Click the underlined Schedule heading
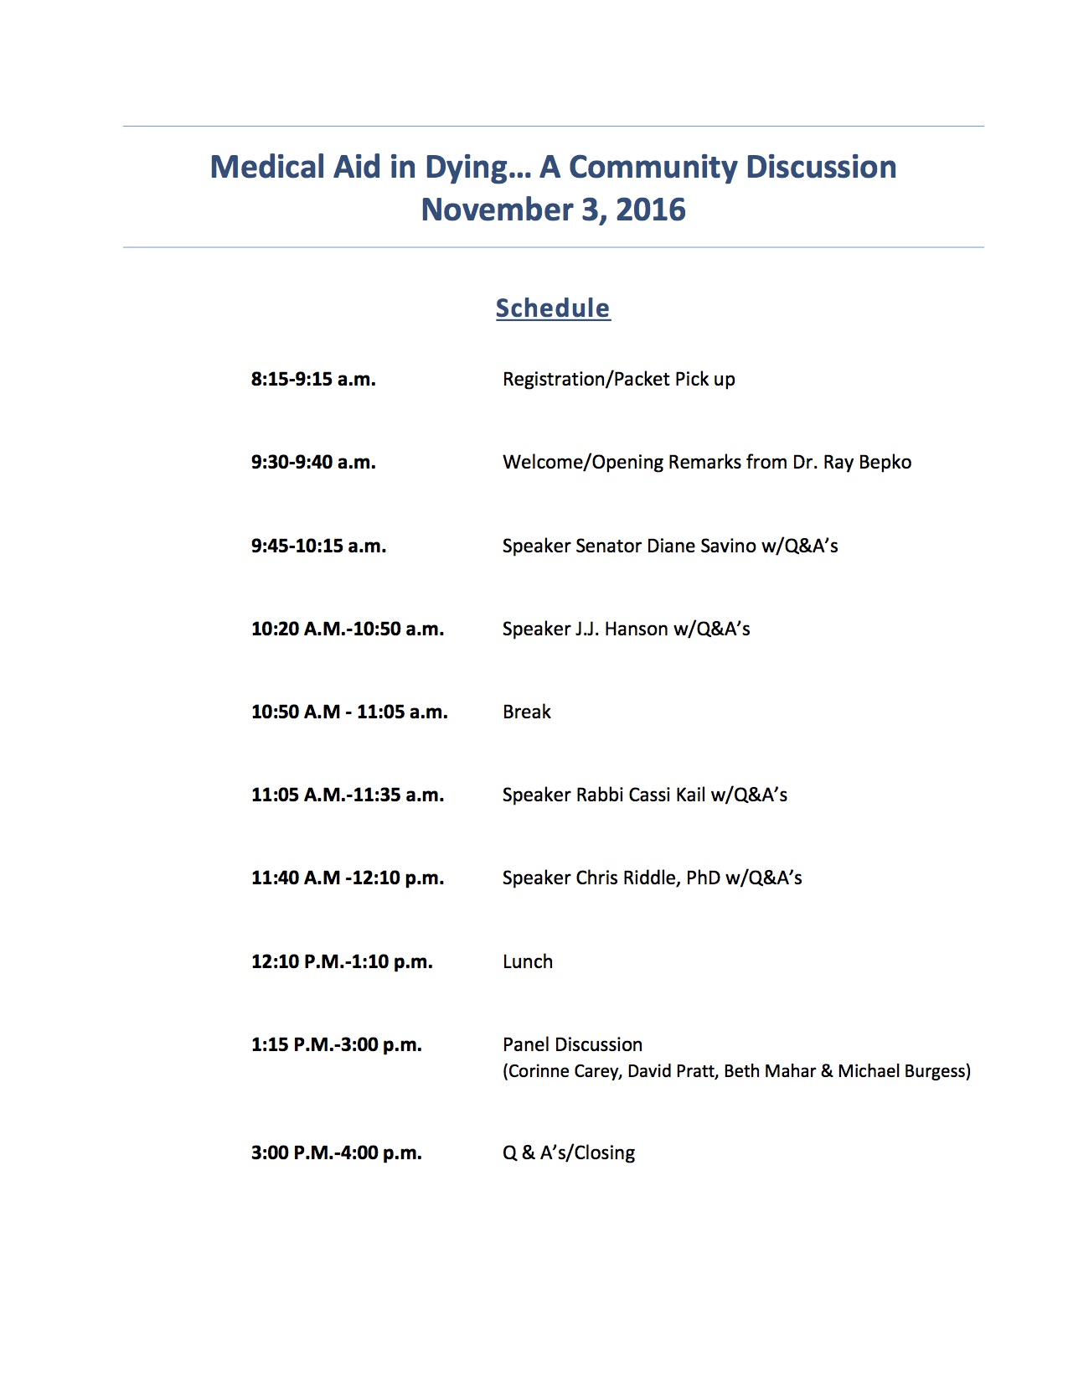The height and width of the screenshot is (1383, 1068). click(553, 308)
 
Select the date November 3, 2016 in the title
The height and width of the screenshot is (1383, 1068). click(553, 210)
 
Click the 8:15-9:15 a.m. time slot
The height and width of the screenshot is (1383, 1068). click(313, 379)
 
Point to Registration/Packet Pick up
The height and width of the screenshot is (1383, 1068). click(618, 379)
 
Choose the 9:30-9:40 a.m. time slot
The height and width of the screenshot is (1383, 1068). click(313, 462)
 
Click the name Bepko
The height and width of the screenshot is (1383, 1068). click(885, 462)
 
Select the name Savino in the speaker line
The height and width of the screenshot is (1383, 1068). click(726, 546)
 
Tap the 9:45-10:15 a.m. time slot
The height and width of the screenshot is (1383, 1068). click(318, 546)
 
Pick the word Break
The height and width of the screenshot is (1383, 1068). click(527, 712)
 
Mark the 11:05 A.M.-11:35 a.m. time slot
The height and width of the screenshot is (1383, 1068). click(348, 795)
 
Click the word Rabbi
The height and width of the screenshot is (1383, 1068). click(599, 795)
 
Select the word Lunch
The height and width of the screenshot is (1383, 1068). click(528, 961)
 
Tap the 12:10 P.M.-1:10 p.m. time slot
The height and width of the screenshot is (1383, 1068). click(342, 961)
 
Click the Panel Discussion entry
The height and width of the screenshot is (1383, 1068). click(572, 1044)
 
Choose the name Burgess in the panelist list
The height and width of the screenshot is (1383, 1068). click(937, 1071)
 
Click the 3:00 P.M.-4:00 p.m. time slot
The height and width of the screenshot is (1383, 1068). click(336, 1152)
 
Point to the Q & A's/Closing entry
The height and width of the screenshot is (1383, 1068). click(568, 1152)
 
